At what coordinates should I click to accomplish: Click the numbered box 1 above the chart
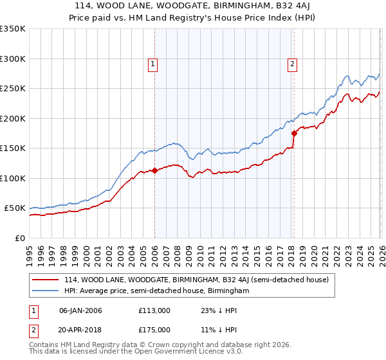pyautogui.click(x=153, y=63)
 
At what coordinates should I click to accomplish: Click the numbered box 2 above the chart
pyautogui.click(x=292, y=63)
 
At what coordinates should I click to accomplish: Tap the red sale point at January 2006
pyautogui.click(x=154, y=171)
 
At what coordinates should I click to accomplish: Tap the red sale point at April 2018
pyautogui.click(x=294, y=134)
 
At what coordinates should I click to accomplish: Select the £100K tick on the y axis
pyautogui.click(x=13, y=178)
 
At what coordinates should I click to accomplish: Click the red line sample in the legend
pyautogui.click(x=46, y=280)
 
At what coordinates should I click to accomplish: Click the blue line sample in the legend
pyautogui.click(x=46, y=291)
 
